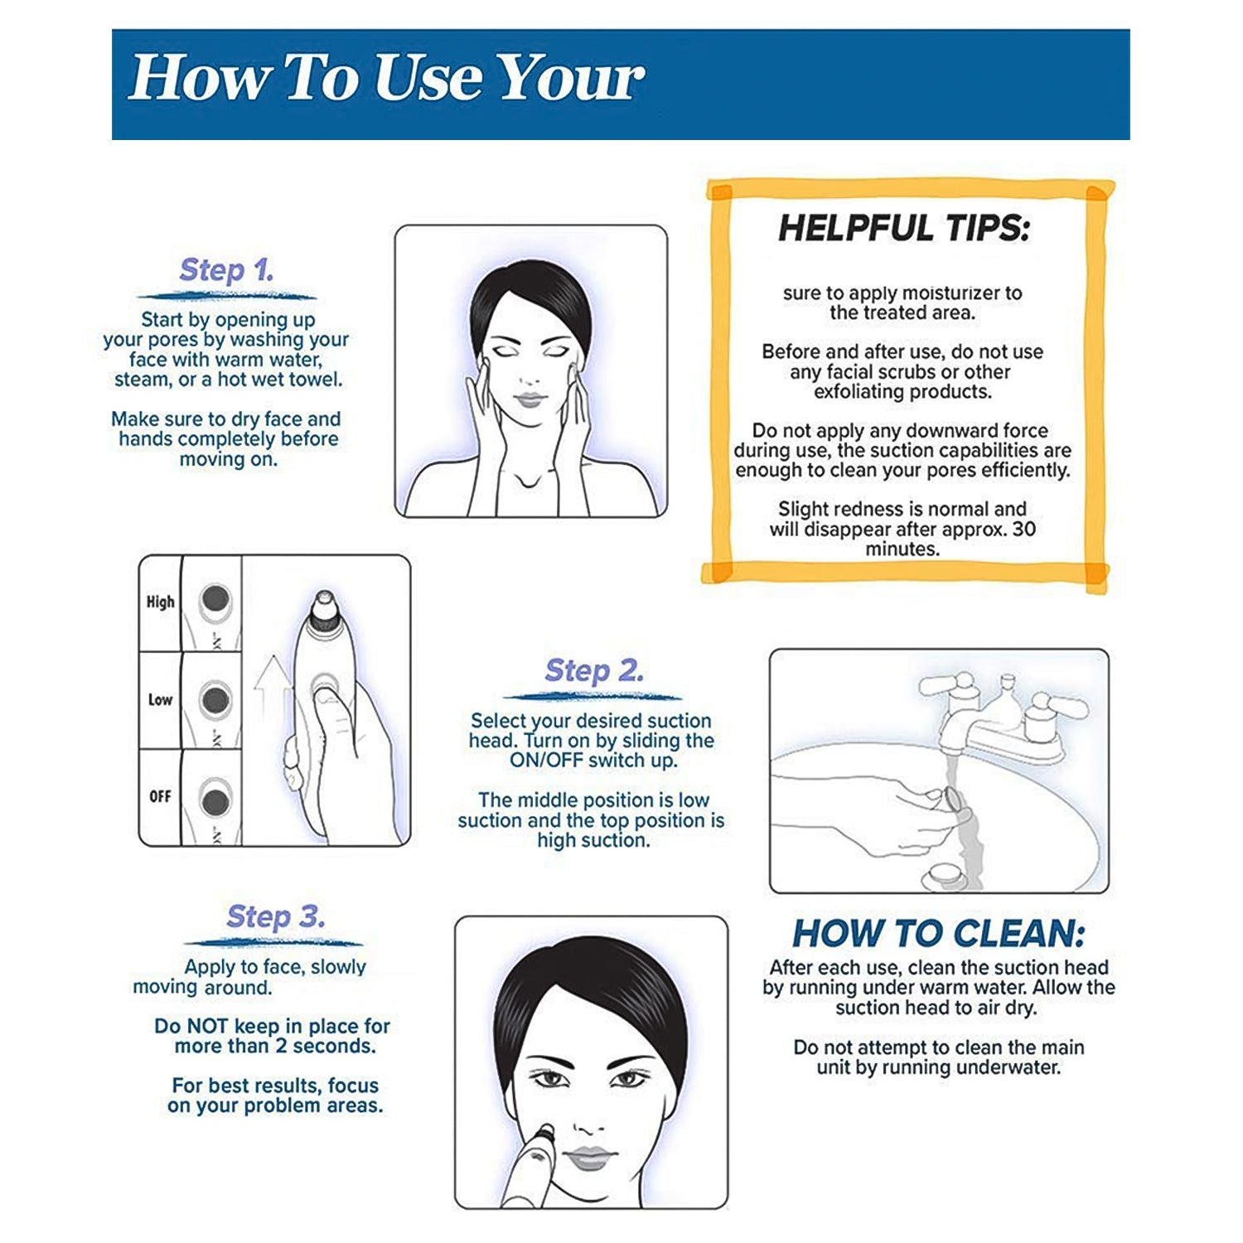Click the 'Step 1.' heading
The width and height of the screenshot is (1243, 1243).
coord(226,270)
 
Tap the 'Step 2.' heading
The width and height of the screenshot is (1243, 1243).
coord(594,670)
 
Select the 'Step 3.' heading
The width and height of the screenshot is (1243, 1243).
coord(276,917)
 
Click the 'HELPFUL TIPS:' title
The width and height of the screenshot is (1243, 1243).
coord(903,228)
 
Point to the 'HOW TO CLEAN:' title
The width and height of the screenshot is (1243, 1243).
coord(938,934)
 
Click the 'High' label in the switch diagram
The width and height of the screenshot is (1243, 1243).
coord(160,602)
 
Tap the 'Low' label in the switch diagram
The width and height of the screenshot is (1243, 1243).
coord(160,700)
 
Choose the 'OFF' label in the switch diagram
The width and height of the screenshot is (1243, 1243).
coord(160,796)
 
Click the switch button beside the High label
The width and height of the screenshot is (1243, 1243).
coord(215,598)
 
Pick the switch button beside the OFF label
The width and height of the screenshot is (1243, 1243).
coord(215,801)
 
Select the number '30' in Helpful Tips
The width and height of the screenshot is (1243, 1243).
coord(1023,529)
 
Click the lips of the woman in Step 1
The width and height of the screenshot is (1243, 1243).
coord(530,400)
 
